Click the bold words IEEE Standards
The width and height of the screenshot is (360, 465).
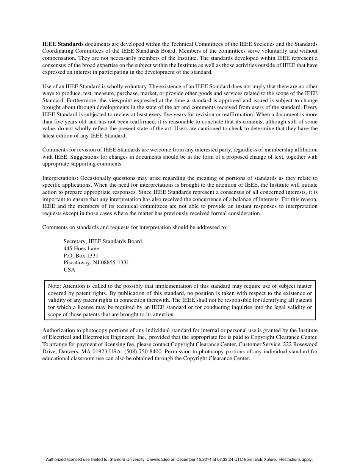63,44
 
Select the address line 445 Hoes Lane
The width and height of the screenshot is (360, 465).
81,248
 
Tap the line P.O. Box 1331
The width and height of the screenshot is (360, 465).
81,256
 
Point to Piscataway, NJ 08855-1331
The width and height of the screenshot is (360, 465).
96,262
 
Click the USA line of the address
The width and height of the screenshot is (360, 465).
69,270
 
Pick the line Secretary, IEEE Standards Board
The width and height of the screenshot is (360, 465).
103,241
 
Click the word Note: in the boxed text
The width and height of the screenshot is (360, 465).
55,286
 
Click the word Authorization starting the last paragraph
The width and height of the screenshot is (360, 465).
58,330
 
